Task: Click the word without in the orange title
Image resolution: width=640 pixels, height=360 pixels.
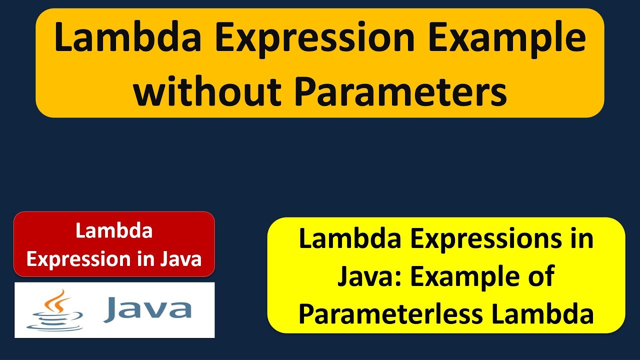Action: [x=207, y=91]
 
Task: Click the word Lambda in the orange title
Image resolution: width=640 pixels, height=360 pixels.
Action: [x=127, y=37]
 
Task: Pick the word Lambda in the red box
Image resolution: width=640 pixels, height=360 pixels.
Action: [x=114, y=230]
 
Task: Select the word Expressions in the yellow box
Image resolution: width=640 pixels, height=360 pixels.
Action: [x=486, y=240]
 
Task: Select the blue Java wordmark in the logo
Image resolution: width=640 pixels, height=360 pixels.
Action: [x=147, y=309]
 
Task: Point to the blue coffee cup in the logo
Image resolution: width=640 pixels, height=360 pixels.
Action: [x=55, y=321]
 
